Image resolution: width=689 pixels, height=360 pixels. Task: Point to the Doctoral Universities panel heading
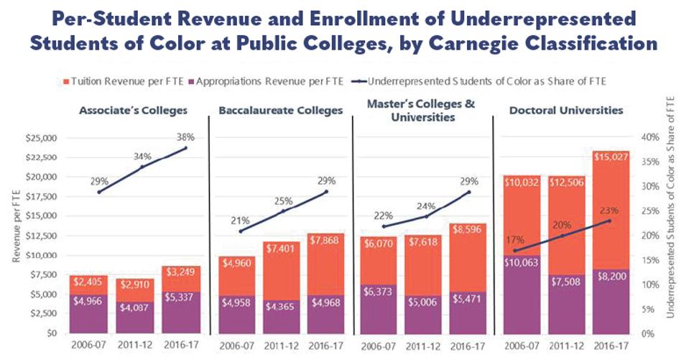tap(566, 111)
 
